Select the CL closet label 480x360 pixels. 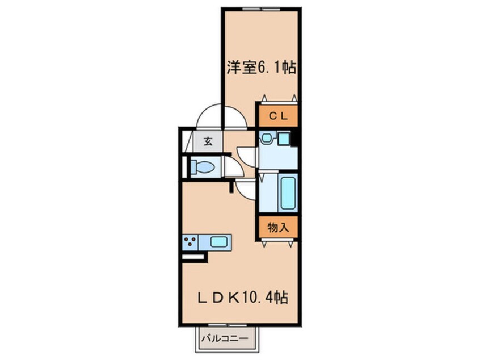pyautogui.click(x=279, y=116)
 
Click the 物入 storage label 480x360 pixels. pyautogui.click(x=279, y=228)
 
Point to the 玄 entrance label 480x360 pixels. pyautogui.click(x=208, y=142)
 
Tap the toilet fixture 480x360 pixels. pyautogui.click(x=201, y=168)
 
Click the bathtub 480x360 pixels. pyautogui.click(x=288, y=194)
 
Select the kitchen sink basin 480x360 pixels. pyautogui.click(x=219, y=241)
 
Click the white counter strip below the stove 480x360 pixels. pyautogui.click(x=192, y=257)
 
